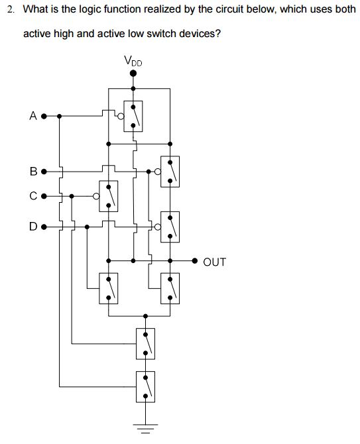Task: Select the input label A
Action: [32, 116]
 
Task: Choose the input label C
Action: [32, 196]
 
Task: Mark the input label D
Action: [32, 227]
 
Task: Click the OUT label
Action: [214, 262]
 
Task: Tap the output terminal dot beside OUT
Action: [195, 261]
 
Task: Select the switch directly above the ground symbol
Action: [146, 386]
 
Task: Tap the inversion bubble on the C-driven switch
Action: [97, 196]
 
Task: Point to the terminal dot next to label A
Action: [44, 116]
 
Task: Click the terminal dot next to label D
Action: [44, 227]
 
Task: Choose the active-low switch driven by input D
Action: [170, 227]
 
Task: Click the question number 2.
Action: [9, 11]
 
